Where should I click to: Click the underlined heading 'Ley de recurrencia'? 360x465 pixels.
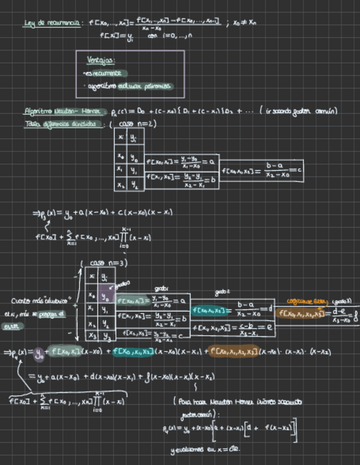click(53, 24)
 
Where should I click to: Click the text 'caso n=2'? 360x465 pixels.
click(137, 124)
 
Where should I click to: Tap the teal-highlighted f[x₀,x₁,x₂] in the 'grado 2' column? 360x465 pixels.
click(210, 310)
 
